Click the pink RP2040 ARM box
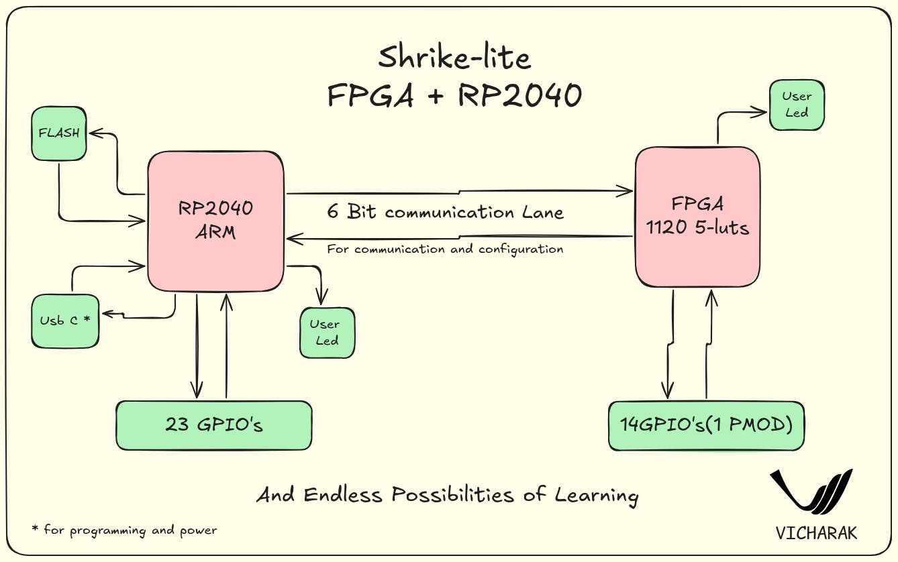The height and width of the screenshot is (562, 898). coord(215,221)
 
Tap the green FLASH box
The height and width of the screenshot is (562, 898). coord(59,133)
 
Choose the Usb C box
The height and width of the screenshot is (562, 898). coord(65,321)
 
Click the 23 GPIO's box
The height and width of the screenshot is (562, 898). coord(213,425)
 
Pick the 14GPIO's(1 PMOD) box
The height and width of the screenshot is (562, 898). coord(705,426)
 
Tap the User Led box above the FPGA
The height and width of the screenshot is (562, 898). coord(797,105)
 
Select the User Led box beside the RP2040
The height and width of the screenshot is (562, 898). coord(326,333)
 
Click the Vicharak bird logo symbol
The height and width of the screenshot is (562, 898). coord(813,494)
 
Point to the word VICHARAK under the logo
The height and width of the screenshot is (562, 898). coord(816,533)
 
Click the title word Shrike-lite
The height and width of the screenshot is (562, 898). coord(454,58)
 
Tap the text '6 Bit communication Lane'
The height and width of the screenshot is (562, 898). coord(445,213)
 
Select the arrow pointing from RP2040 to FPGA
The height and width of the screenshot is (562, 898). coord(460,192)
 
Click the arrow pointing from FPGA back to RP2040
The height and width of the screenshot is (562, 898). coord(460,237)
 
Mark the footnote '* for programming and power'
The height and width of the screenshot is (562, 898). coord(124,530)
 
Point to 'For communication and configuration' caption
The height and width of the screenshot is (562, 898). coord(445,249)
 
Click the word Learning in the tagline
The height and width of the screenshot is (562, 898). coord(596,496)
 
